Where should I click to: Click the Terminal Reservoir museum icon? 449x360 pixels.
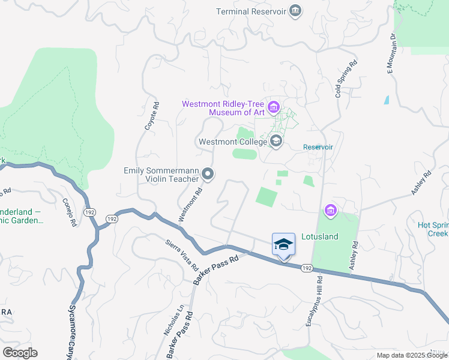(x=295, y=11)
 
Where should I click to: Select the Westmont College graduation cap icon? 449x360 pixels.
(x=276, y=142)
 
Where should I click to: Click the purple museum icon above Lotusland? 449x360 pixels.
(x=330, y=210)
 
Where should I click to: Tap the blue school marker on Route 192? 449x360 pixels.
(x=283, y=245)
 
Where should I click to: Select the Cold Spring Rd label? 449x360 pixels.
(x=346, y=79)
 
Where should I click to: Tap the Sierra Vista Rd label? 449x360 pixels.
(x=182, y=254)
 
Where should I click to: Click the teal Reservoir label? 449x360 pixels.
(x=318, y=147)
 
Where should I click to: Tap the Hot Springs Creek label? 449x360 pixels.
(x=433, y=229)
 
